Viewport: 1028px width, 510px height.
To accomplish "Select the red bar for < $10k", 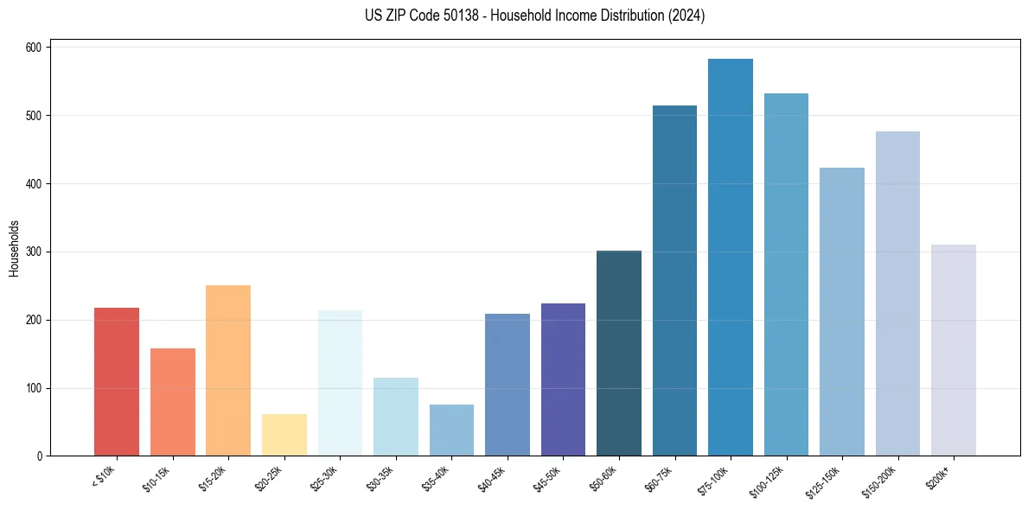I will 117,381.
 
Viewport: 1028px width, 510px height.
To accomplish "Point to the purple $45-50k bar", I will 563,379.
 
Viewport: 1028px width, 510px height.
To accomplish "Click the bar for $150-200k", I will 897,294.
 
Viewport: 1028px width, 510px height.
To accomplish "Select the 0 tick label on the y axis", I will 40,456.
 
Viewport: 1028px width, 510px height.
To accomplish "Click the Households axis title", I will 15,248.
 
